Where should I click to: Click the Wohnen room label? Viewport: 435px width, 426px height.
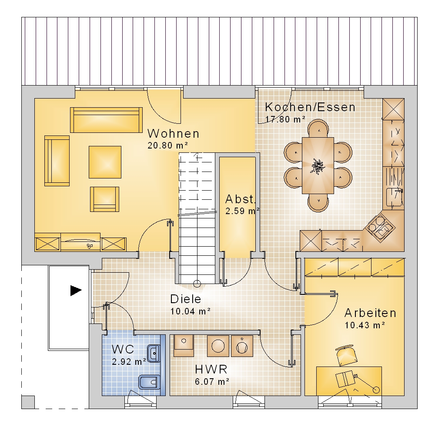coord(174,133)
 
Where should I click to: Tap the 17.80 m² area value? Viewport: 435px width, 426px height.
coord(285,119)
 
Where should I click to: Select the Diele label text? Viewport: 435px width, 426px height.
coord(186,299)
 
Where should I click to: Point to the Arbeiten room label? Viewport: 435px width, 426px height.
coord(370,313)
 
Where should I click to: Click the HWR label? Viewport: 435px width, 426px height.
coord(211,369)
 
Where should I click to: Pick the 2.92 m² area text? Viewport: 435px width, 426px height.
coord(129,362)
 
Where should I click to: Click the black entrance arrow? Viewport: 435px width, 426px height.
coord(76,291)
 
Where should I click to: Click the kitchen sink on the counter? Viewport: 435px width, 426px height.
coord(394,197)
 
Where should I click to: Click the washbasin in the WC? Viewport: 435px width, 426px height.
coord(154,353)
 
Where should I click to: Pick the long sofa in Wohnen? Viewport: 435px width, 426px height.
coord(106,120)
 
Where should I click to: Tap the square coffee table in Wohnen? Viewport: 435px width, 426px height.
coord(105,162)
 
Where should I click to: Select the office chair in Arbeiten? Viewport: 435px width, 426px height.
coord(347,355)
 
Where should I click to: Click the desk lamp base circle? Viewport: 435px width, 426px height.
coord(376,390)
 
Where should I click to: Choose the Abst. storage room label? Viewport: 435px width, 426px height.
coord(240,199)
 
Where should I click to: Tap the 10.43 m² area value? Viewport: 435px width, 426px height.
coord(365,325)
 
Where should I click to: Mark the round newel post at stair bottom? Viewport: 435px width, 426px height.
coord(197,284)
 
